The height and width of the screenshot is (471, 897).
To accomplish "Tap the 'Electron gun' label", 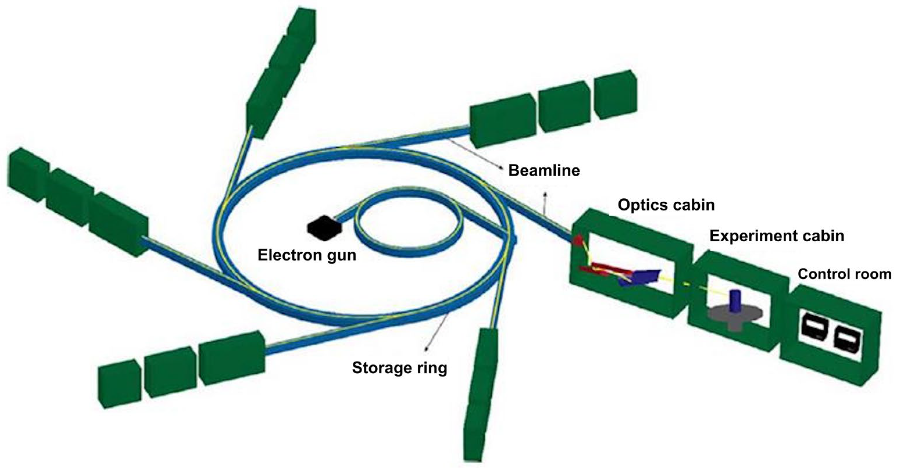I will click(x=307, y=255).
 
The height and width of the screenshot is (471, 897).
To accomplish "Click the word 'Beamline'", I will click(x=544, y=171).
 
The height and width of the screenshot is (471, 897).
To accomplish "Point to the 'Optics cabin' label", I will click(x=666, y=205).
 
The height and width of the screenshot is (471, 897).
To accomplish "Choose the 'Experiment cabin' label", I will click(x=777, y=236).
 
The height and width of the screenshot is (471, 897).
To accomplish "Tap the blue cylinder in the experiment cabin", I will click(x=735, y=300).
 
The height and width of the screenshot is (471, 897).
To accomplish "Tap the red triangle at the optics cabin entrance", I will click(x=578, y=240).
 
